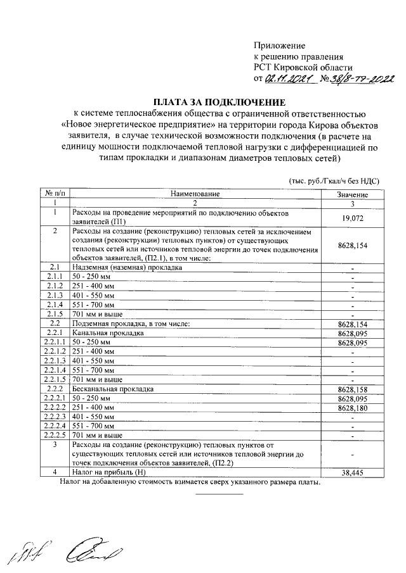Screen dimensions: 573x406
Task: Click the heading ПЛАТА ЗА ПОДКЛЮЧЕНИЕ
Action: (219, 102)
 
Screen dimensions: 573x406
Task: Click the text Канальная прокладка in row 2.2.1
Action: (105, 333)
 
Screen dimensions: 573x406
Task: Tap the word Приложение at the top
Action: (279, 46)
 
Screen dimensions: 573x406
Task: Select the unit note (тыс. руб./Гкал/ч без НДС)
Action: (334, 180)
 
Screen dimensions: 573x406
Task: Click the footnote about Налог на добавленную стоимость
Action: (190, 482)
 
